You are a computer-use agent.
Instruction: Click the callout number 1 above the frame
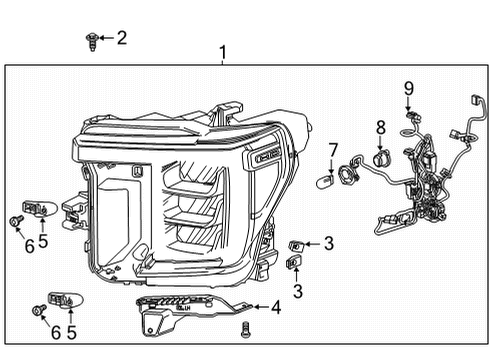[x=223, y=52]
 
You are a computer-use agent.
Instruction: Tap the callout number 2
[x=122, y=38]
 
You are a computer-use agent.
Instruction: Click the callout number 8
[x=380, y=127]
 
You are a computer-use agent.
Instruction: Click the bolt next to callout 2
[x=91, y=40]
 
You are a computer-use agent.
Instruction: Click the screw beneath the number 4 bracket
[x=245, y=329]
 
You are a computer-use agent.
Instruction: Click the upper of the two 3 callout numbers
[x=328, y=242]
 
